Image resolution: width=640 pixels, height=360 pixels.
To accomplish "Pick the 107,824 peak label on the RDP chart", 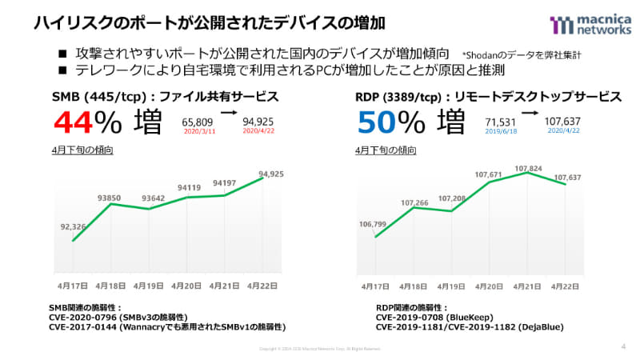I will point(527,169).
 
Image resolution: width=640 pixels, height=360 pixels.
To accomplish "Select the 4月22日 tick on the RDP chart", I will point(566,286).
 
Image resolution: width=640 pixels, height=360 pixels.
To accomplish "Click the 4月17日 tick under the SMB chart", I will point(73,286).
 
